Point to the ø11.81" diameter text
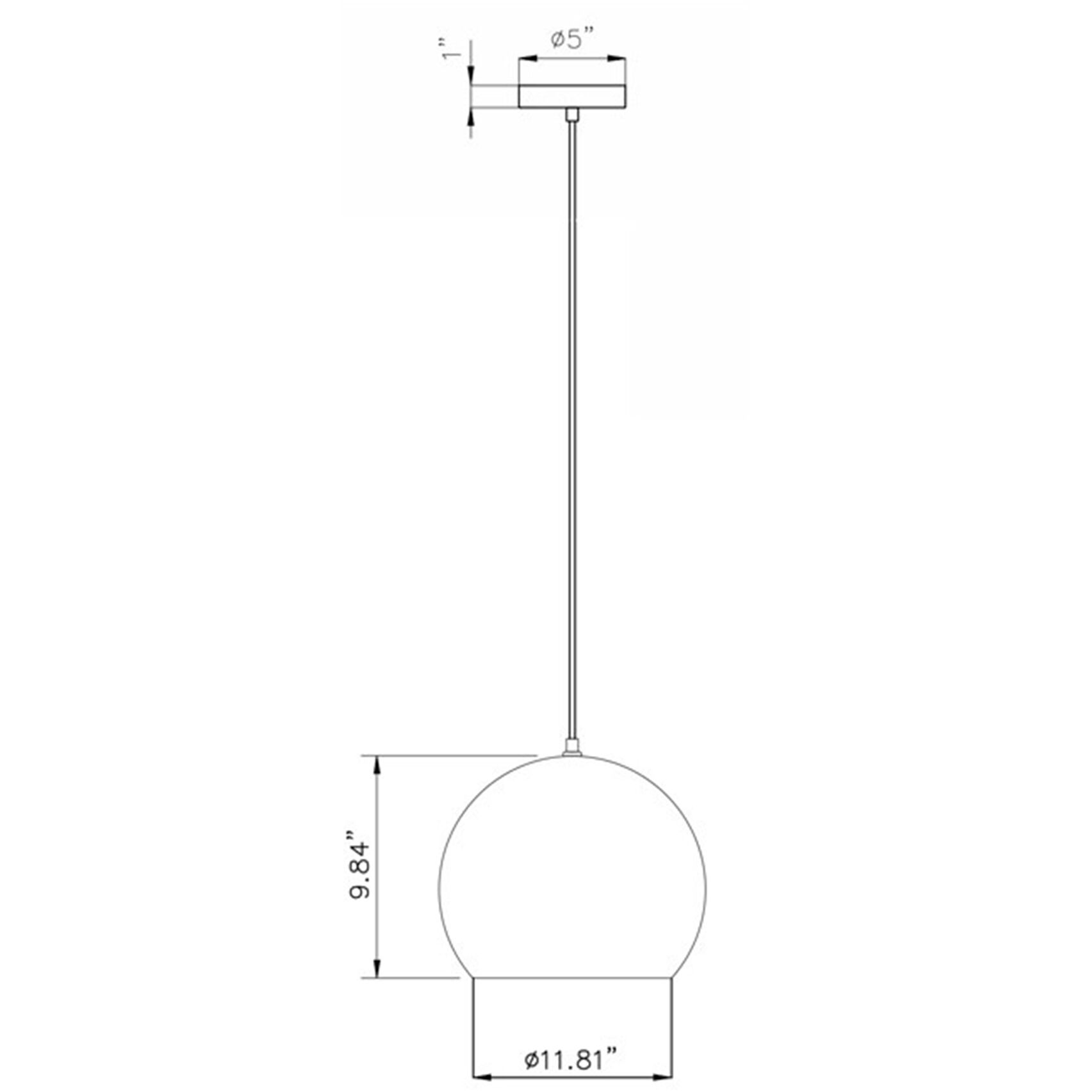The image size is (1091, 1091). point(571,1061)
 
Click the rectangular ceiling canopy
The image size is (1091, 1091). point(571,96)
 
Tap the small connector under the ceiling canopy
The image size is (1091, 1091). point(571,115)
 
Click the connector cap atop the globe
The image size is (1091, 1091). point(571,747)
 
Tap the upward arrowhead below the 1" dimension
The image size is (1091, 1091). point(471,118)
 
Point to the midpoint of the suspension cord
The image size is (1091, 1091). point(572,429)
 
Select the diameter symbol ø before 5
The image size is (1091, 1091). point(557,40)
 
